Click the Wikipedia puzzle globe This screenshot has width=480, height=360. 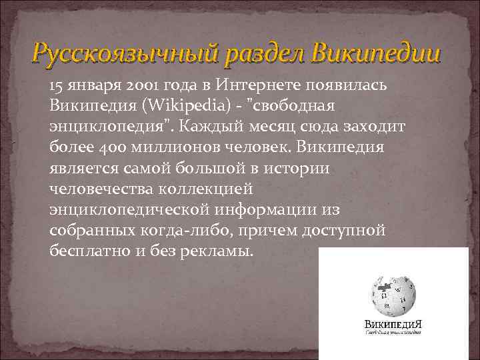[393, 293]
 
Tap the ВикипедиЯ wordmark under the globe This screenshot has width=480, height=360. [394, 326]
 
